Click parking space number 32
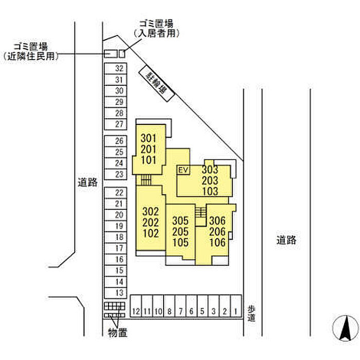tap(119, 68)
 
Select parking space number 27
tap(119, 124)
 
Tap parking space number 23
tap(119, 174)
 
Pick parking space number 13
tap(119, 293)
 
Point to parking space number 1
tap(236, 311)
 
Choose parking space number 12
tap(136, 311)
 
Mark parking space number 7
tap(180, 311)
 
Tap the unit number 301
tap(148, 138)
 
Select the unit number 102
tap(150, 232)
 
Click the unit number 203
tap(210, 181)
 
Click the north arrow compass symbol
tap(345, 327)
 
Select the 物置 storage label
tap(117, 333)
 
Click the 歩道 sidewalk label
tap(251, 314)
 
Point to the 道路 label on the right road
tap(286, 240)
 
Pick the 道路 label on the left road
tap(87, 182)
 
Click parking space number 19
tap(119, 226)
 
